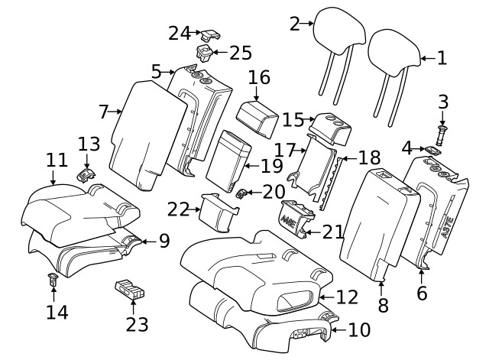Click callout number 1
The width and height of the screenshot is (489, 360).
coord(442,57)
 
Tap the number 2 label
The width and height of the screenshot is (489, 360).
coord(294,24)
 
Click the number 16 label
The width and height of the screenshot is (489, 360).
coord(259,78)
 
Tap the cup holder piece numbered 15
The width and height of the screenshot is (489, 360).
coord(334,126)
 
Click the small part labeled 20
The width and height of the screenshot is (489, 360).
coord(241,192)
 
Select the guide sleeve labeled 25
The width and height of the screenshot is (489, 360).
coord(206,53)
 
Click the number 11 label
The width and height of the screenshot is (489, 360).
coord(57,161)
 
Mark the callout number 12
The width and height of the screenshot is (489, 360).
coord(347,296)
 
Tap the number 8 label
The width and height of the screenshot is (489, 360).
coord(383,304)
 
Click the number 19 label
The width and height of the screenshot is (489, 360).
coord(271,165)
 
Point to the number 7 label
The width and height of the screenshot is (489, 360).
coord(104,112)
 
